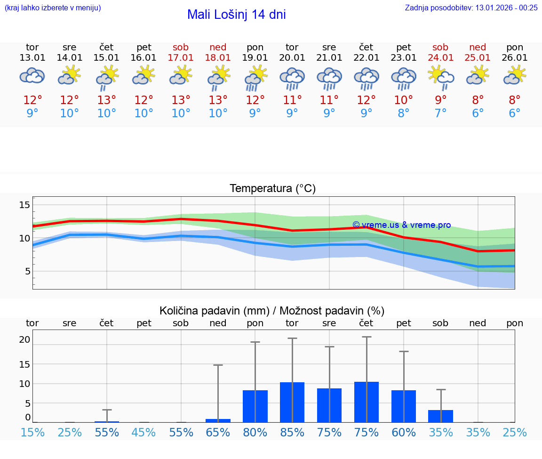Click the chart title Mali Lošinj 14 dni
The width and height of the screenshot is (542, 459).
click(x=236, y=15)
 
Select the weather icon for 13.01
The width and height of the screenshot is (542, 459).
click(x=32, y=76)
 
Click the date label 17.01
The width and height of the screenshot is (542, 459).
click(x=181, y=58)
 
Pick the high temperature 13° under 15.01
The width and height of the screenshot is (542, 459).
click(x=107, y=100)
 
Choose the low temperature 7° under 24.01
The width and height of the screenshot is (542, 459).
click(x=440, y=113)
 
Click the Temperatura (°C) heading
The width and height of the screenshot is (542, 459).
click(x=272, y=189)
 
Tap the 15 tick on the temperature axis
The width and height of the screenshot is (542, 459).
click(x=24, y=205)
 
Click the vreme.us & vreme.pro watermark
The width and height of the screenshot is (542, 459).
click(x=401, y=225)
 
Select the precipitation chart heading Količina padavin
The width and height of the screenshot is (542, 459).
click(x=272, y=311)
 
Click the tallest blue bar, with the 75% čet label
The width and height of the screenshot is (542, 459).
click(x=367, y=402)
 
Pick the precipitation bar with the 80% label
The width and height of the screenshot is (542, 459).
click(x=255, y=406)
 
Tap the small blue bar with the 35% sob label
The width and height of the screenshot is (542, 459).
click(x=440, y=416)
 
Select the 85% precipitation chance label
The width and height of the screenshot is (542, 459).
click(x=292, y=433)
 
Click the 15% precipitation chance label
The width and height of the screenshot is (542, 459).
click(x=32, y=433)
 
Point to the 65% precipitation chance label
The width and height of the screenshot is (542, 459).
click(x=218, y=433)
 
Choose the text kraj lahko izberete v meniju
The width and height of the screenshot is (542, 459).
click(x=53, y=8)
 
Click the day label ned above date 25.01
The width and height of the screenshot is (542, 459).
click(x=478, y=47)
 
